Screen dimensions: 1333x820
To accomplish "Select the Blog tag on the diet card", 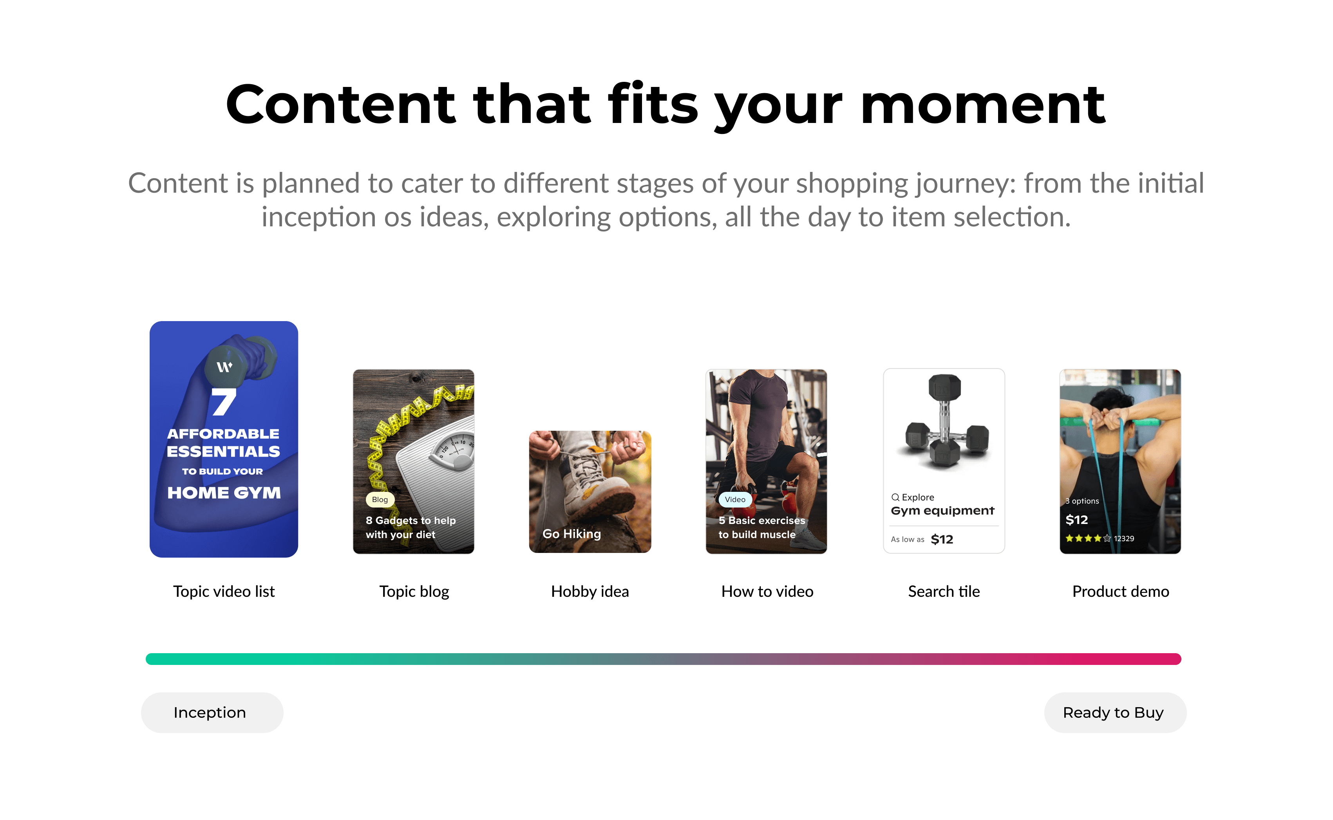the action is pyautogui.click(x=380, y=500).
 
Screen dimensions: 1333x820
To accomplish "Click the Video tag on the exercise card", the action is pyautogui.click(x=735, y=500).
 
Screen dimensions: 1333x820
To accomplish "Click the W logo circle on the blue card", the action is pyautogui.click(x=224, y=367).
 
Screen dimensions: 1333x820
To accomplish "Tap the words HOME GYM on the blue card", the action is pyautogui.click(x=224, y=493).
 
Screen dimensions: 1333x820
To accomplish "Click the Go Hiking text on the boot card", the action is pyautogui.click(x=572, y=534).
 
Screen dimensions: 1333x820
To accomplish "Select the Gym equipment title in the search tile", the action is pyautogui.click(x=942, y=511).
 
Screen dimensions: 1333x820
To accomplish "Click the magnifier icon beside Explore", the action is pyautogui.click(x=895, y=497).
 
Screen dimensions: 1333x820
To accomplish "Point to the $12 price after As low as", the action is pyautogui.click(x=942, y=539).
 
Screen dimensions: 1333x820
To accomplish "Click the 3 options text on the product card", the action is pyautogui.click(x=1082, y=501).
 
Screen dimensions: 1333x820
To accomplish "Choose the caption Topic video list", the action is pyautogui.click(x=224, y=591).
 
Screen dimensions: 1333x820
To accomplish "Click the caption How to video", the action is pyautogui.click(x=767, y=591).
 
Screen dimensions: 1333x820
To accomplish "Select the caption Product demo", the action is pyautogui.click(x=1120, y=591).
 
